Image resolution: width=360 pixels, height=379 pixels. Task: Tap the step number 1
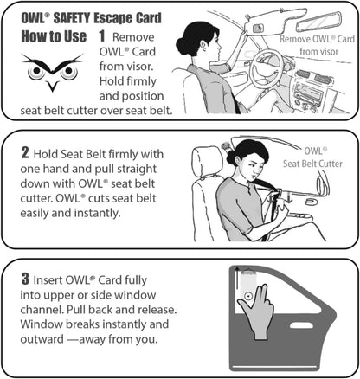102,36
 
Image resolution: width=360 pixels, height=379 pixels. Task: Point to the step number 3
26,280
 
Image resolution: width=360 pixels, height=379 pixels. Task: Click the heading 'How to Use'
52,35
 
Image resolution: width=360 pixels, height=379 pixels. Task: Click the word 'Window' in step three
43,329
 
